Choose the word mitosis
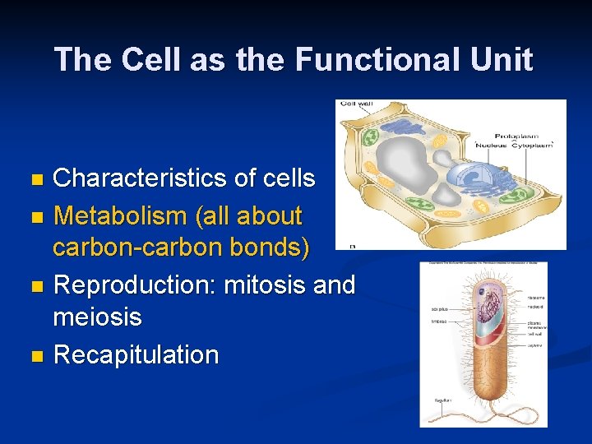pyautogui.click(x=262, y=285)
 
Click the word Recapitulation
pyautogui.click(x=136, y=355)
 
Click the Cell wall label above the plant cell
pyautogui.click(x=356, y=104)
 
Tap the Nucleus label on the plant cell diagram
pyautogui.click(x=490, y=144)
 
